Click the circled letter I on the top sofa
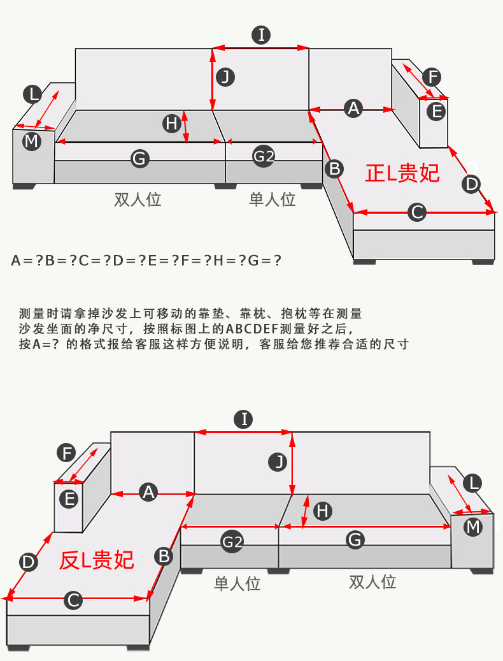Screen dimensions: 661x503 point(261,35)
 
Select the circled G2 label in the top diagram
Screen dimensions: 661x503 point(264,157)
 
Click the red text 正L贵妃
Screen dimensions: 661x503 point(402,173)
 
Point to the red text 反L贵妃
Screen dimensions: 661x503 point(97,560)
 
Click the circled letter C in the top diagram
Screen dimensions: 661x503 point(416,212)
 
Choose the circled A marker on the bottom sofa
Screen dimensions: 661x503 point(148,492)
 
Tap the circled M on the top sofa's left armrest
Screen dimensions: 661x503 point(31,141)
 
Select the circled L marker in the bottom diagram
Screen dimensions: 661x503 point(472,483)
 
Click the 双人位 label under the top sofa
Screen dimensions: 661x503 point(138,200)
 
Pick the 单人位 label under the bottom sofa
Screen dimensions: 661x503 point(237,583)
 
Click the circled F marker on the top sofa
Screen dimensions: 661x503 point(432,77)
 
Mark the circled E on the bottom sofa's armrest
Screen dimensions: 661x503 point(70,498)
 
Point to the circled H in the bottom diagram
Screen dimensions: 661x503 point(323,511)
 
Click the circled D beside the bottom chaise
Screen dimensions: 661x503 point(28,562)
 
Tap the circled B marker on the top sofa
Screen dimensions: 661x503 point(334,169)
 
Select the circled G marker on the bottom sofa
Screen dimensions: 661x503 point(355,540)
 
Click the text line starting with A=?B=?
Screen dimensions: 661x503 point(146,260)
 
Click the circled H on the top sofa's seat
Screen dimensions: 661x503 point(171,123)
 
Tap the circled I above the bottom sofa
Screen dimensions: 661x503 point(243,419)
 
